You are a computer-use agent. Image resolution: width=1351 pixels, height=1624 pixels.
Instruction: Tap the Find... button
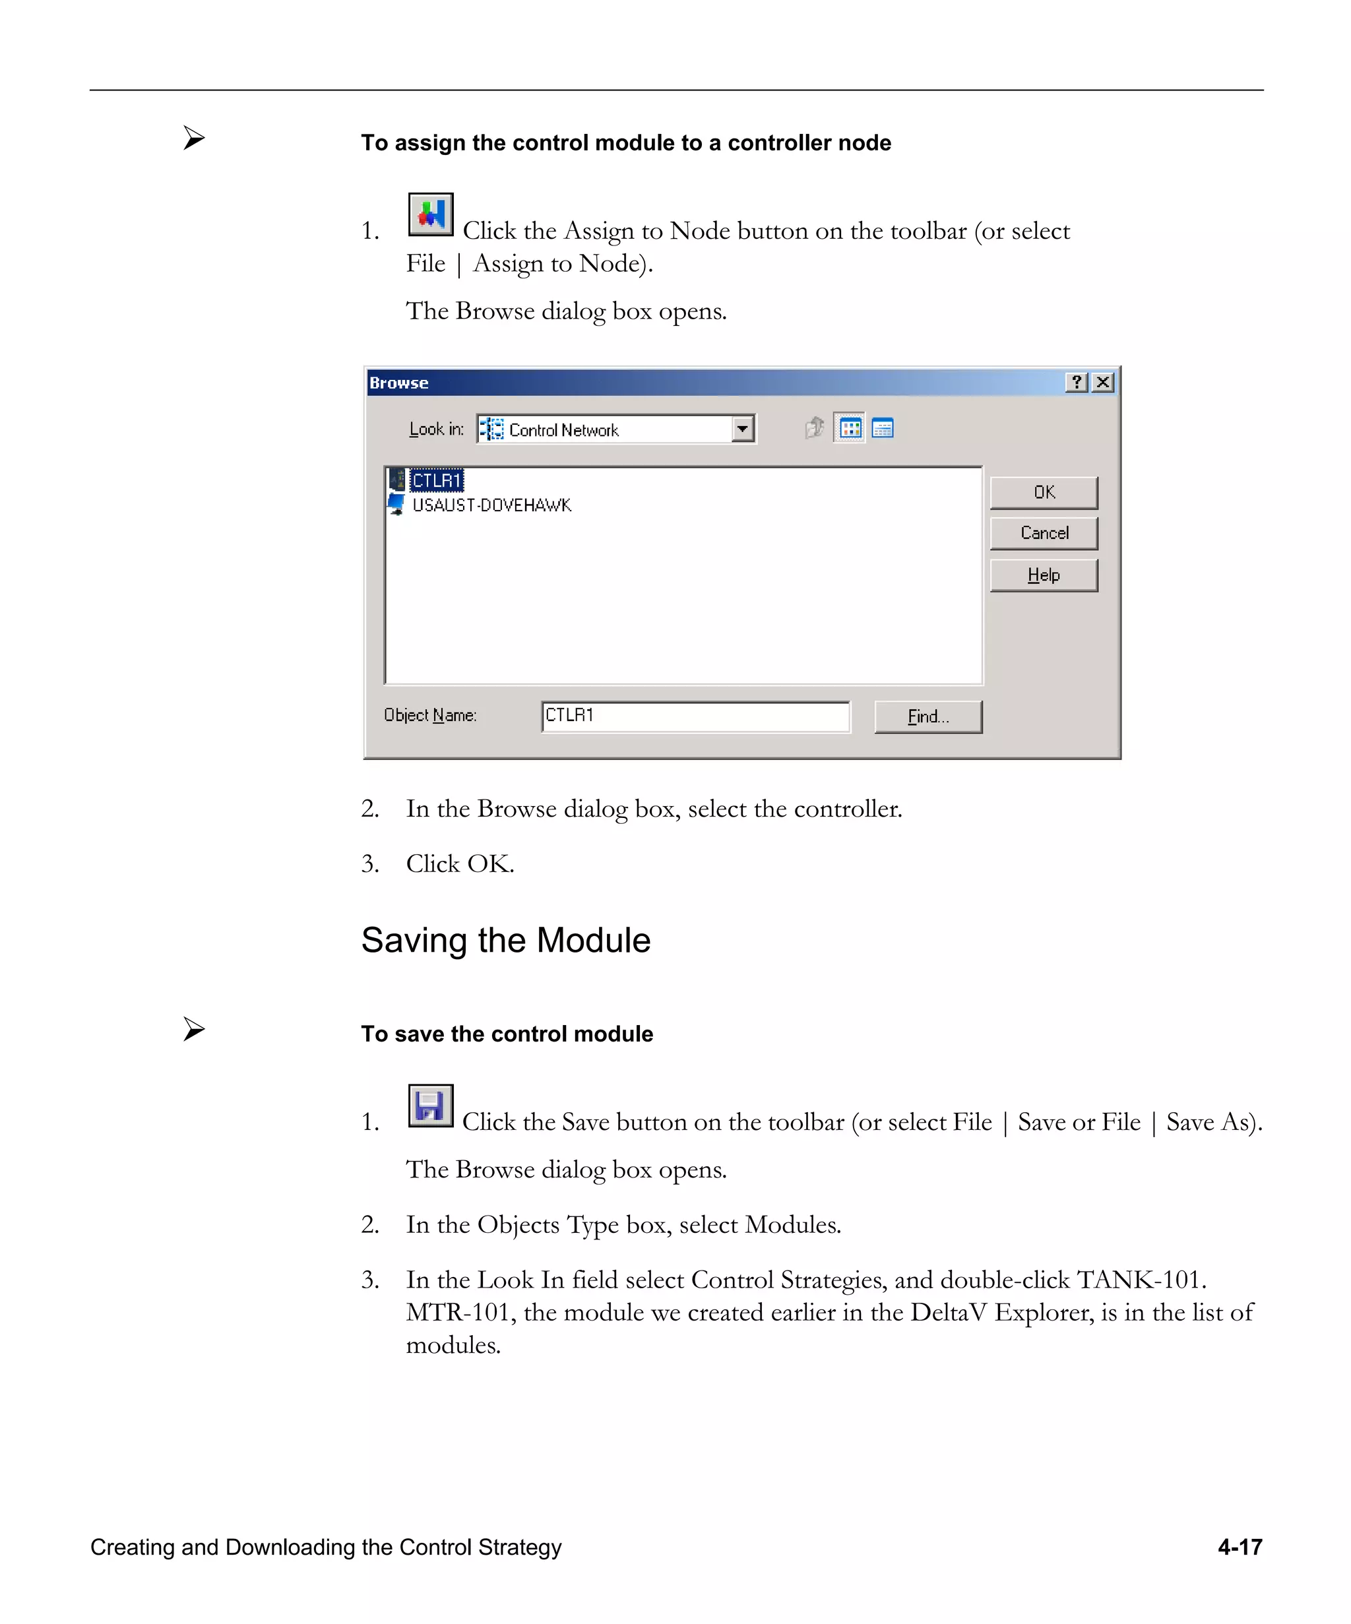click(x=927, y=717)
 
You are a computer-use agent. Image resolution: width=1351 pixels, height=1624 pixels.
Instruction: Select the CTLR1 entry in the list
click(x=436, y=481)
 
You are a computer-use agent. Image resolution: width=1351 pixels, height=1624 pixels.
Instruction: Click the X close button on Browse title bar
click(x=1104, y=382)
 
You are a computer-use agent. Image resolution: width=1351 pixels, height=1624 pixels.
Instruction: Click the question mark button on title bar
click(x=1077, y=382)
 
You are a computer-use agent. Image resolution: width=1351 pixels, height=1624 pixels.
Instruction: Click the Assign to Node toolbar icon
click(x=430, y=215)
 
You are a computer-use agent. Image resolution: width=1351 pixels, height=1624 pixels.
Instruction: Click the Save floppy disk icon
click(x=430, y=1106)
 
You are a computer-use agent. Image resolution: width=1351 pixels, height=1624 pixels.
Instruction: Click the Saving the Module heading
click(x=506, y=941)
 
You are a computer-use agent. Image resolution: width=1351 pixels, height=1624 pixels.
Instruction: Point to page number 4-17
click(x=1239, y=1547)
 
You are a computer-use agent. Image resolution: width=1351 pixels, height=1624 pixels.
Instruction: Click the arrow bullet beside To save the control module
click(x=194, y=1029)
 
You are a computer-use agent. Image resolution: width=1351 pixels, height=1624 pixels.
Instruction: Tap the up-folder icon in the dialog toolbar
click(x=813, y=427)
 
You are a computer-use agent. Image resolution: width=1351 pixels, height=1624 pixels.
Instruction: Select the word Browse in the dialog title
click(x=398, y=383)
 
